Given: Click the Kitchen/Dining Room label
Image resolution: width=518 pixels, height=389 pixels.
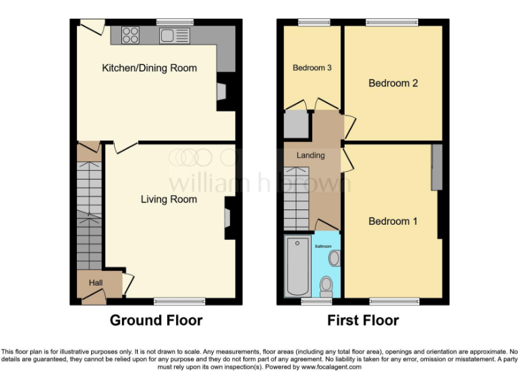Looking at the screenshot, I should tap(149, 68).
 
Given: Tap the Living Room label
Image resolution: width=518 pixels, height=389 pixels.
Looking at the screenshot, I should tap(169, 199).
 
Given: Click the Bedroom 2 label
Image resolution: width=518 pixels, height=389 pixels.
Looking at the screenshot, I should tap(393, 83).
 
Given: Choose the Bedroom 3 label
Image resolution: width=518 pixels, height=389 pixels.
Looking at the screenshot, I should tap(312, 68).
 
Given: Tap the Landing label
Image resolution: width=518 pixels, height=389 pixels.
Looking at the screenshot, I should tap(310, 155).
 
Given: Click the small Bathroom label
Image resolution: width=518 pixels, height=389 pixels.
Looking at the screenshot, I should tap(324, 246).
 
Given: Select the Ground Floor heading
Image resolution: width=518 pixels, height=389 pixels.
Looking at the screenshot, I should tap(156, 320).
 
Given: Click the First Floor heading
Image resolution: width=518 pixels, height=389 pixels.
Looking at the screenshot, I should tap(363, 320).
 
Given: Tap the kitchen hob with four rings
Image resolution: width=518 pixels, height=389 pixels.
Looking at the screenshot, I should tap(130, 34).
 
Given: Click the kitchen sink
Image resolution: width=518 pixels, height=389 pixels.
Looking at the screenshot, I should tap(173, 35).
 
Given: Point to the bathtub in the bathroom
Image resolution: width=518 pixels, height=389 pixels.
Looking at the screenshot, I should tap(296, 266).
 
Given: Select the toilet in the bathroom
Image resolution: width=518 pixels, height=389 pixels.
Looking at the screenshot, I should tap(326, 285).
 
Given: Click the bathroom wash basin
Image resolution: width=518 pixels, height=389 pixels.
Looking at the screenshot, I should tap(334, 257).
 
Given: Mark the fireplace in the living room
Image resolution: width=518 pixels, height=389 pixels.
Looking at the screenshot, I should tap(229, 217).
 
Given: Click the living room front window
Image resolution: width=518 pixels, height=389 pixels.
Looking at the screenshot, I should tap(179, 301).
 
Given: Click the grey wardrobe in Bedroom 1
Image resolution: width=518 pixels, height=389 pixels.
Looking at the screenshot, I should tap(437, 167).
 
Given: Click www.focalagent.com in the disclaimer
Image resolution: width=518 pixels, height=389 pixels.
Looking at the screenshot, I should tap(331, 367).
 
